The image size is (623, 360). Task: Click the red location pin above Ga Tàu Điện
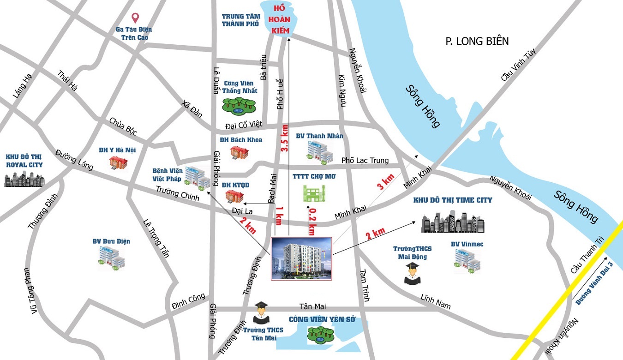click(135, 18)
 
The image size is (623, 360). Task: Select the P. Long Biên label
click(477, 42)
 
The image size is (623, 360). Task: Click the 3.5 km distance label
click(284, 138)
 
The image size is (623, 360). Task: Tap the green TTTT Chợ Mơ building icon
click(314, 193)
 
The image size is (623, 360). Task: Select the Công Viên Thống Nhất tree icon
click(238, 105)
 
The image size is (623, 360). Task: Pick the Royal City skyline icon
click(24, 179)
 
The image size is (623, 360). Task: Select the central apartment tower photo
click(301, 258)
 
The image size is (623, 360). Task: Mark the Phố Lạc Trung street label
click(365, 161)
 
